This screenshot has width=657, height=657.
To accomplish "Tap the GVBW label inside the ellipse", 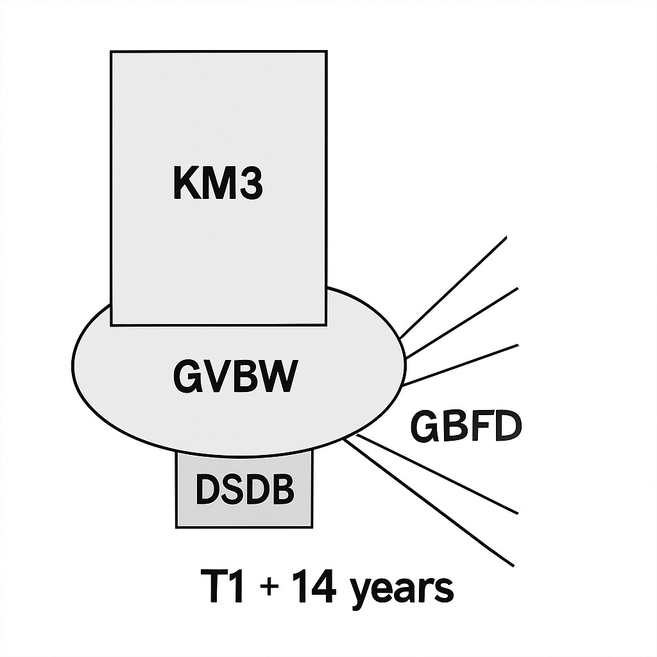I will [x=235, y=377].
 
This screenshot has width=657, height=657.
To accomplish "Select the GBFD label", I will [x=466, y=427].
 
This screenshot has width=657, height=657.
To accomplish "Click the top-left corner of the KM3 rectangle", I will [x=112, y=52].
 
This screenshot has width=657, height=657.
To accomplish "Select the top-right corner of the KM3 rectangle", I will [x=326, y=52].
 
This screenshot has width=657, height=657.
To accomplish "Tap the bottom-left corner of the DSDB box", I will [x=176, y=527].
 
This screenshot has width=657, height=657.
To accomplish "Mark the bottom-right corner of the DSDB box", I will [x=312, y=527].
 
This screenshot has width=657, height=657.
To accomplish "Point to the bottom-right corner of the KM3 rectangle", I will [x=326, y=324].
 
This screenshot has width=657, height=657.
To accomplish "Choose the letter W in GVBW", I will [x=279, y=377].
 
